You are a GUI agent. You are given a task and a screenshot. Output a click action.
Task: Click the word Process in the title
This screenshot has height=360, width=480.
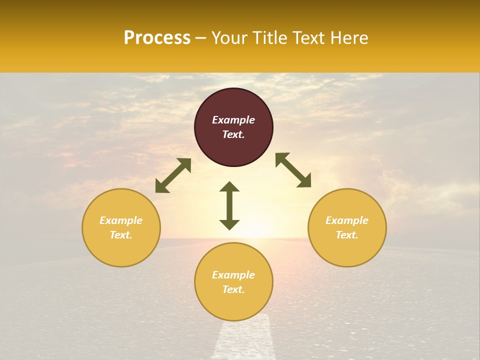tap(157, 38)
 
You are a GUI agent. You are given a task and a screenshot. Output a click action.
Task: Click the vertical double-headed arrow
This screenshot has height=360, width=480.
tap(229, 205)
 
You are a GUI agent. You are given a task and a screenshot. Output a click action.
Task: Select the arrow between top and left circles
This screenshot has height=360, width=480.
tap(173, 175)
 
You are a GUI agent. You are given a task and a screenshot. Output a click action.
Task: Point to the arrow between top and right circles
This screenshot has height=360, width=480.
tap(293, 170)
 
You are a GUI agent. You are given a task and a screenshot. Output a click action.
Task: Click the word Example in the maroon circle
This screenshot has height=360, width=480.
tap(233, 120)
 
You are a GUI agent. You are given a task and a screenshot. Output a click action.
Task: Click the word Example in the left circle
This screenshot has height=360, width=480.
tap(121, 220)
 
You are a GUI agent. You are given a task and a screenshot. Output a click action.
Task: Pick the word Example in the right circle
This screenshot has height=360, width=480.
tap(347, 220)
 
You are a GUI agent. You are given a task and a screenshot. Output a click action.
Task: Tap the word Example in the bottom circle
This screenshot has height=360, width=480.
tap(233, 275)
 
